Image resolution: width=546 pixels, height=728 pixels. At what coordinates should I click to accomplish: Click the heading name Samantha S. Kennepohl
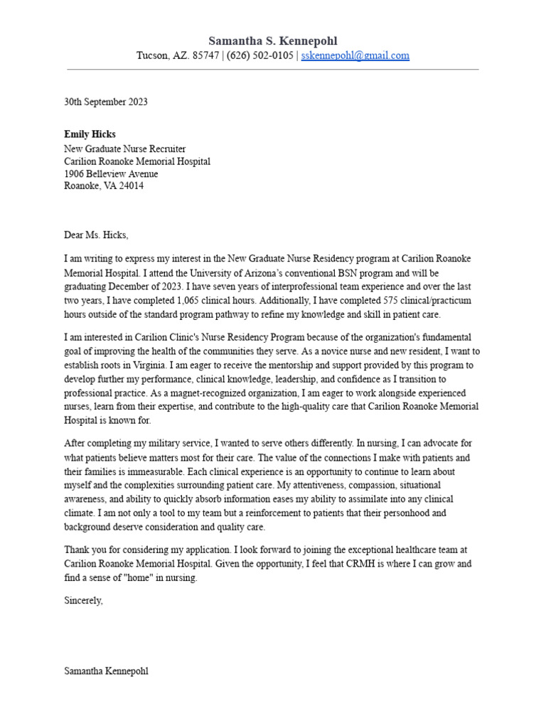(273, 41)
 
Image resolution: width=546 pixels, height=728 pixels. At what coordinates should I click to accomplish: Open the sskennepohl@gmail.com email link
(355, 55)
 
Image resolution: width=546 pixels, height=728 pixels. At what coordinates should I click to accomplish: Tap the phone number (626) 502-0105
(259, 55)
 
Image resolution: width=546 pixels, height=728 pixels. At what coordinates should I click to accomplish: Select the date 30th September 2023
(106, 102)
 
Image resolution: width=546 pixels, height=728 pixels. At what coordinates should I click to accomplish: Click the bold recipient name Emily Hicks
(90, 134)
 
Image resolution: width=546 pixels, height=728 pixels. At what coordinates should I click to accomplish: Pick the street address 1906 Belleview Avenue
(111, 174)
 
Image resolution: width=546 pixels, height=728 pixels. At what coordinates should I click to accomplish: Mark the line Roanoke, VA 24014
(104, 186)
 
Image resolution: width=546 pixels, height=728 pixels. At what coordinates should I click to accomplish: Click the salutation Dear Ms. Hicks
(97, 235)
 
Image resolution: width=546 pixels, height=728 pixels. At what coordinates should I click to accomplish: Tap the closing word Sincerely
(83, 601)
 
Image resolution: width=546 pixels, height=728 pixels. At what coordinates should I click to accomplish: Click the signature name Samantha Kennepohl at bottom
(106, 671)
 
